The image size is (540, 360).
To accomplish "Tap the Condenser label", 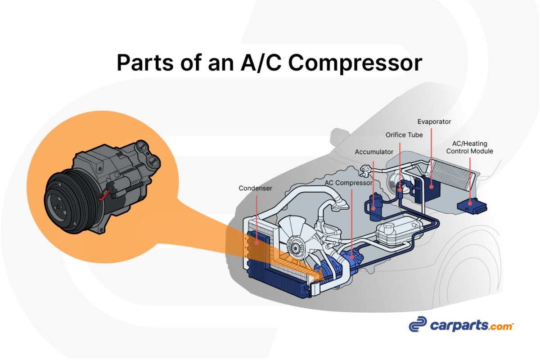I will click(x=255, y=188).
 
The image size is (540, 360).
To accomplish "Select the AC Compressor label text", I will click(x=349, y=183).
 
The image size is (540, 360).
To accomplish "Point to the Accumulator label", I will click(x=374, y=152).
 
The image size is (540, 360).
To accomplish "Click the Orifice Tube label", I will click(x=404, y=135).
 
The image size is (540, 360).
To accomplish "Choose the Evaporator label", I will click(x=434, y=121).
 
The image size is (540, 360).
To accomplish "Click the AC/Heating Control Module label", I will click(x=469, y=148).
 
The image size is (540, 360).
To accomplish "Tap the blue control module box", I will click(x=472, y=205).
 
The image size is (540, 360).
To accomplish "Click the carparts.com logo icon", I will click(x=417, y=324).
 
